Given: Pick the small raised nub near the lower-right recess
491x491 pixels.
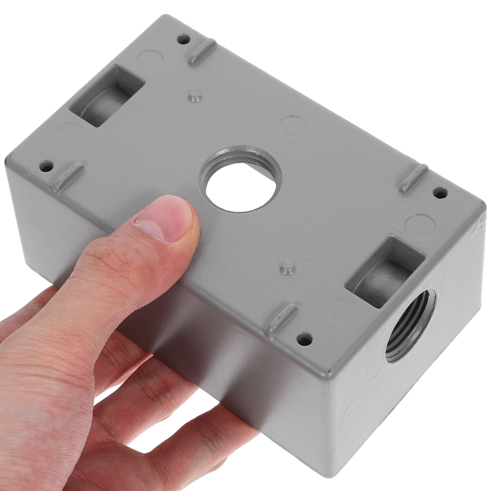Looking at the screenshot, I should [287, 267].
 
